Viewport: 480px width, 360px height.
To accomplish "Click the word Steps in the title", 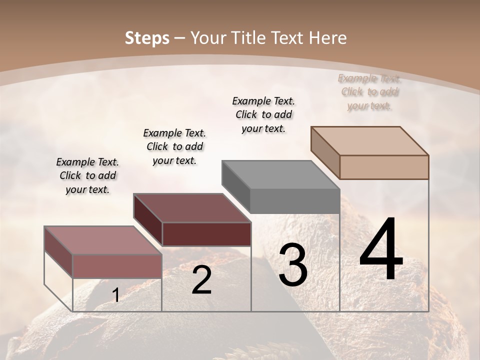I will click(x=146, y=38).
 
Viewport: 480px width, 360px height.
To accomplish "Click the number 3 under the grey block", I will click(x=292, y=265).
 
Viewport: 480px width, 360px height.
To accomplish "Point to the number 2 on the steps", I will click(x=201, y=280).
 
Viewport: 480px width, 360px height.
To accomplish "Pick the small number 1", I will click(x=115, y=295).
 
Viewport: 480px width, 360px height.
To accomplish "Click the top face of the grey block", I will click(x=280, y=175).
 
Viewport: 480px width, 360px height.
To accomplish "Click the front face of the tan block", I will click(x=384, y=167).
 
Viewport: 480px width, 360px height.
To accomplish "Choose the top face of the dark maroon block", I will click(x=192, y=208).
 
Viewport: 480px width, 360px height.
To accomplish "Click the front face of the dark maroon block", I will click(x=206, y=234).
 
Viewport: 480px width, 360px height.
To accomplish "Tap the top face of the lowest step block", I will click(x=103, y=240).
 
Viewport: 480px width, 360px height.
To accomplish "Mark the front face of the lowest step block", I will click(x=117, y=266).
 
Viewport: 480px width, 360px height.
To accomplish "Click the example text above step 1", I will click(x=87, y=175).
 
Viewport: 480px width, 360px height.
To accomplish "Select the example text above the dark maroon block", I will click(x=174, y=146).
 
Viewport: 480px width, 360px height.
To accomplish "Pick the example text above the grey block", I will click(x=263, y=114).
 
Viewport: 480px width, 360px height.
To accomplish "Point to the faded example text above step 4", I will click(x=369, y=91).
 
